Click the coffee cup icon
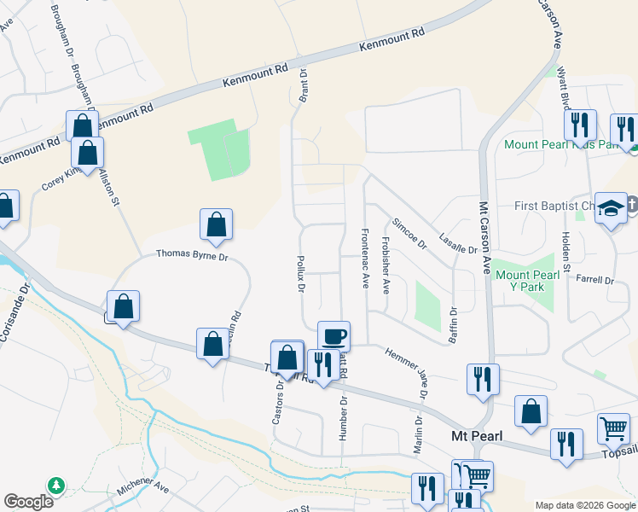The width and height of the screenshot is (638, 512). coord(333,335)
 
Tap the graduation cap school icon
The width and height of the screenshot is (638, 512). coord(612,209)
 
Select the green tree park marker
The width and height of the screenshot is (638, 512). coord(56,485)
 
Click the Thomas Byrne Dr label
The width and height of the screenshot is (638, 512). coord(192,254)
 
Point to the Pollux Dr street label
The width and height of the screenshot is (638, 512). coord(301,274)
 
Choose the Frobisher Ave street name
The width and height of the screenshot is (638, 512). coord(386,265)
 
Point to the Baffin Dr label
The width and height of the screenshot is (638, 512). coord(453,325)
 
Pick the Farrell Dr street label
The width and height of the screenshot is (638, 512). coord(594,279)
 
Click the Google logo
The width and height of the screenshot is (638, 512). coord(28,502)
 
